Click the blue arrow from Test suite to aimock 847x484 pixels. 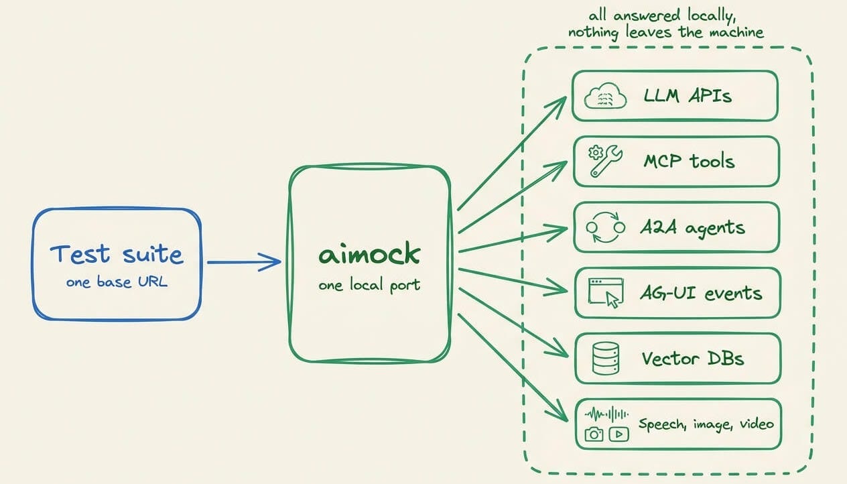(x=244, y=262)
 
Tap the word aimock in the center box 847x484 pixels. (x=369, y=253)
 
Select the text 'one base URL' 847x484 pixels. (x=117, y=282)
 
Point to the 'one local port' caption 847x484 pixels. (x=369, y=285)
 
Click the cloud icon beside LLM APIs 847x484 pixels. (x=605, y=96)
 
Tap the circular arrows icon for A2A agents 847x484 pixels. (x=605, y=227)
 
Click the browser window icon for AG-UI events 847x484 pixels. (x=606, y=293)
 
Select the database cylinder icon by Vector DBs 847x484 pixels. (x=605, y=359)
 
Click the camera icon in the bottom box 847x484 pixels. (x=594, y=434)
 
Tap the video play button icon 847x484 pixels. (x=619, y=434)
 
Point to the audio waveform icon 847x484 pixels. (x=606, y=414)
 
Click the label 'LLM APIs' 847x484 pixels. (x=688, y=95)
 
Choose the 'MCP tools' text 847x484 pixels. (x=690, y=161)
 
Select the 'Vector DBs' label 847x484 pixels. (x=693, y=359)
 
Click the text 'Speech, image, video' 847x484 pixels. (x=706, y=424)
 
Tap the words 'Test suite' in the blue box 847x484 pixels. (x=117, y=253)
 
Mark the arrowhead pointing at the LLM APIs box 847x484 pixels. (x=560, y=105)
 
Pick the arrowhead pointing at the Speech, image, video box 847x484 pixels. (x=559, y=412)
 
